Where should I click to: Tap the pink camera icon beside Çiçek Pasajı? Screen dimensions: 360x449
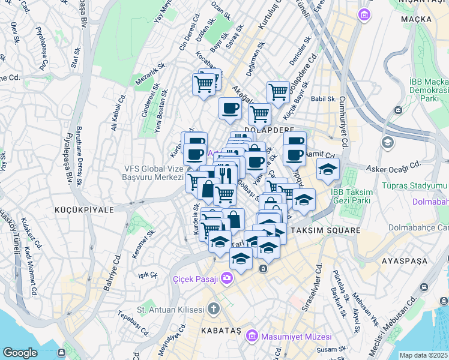click(227, 277)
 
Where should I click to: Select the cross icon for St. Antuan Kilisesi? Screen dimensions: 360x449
click(214, 310)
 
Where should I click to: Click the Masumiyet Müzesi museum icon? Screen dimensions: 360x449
click(252, 334)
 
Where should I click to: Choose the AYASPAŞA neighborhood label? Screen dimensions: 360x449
click(405, 261)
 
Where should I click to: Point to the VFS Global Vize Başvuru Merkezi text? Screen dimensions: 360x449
click(153, 173)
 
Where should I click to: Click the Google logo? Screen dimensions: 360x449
click(20, 352)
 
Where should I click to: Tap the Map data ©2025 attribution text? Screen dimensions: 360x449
click(423, 355)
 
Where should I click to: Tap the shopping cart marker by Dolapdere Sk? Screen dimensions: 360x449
click(278, 92)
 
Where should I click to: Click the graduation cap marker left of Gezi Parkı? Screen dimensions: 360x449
click(328, 169)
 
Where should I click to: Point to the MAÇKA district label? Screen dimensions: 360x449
click(418, 19)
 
